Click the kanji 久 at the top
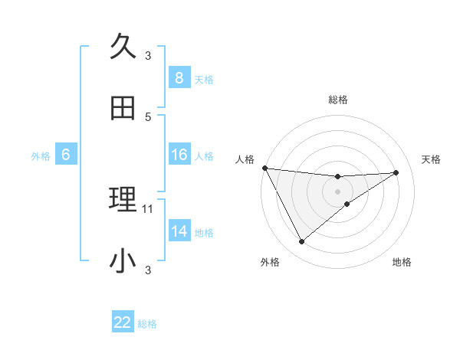pyautogui.click(x=123, y=47)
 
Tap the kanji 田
pyautogui.click(x=123, y=109)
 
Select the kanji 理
pyautogui.click(x=123, y=201)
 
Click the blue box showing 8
pyautogui.click(x=179, y=78)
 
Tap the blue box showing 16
pyautogui.click(x=179, y=155)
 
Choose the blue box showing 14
pyautogui.click(x=179, y=231)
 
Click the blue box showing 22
pyautogui.click(x=123, y=323)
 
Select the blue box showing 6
pyautogui.click(x=66, y=155)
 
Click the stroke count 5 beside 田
pyautogui.click(x=148, y=116)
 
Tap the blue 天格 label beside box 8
pyautogui.click(x=204, y=79)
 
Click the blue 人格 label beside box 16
pyautogui.click(x=204, y=155)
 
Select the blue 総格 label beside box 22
pyautogui.click(x=147, y=324)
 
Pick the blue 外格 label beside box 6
pyautogui.click(x=41, y=155)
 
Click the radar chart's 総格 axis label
pyautogui.click(x=338, y=100)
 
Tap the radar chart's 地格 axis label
pyautogui.click(x=402, y=263)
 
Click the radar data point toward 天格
pyautogui.click(x=396, y=172)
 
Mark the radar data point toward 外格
pyautogui.click(x=301, y=242)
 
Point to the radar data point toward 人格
pyautogui.click(x=264, y=168)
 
